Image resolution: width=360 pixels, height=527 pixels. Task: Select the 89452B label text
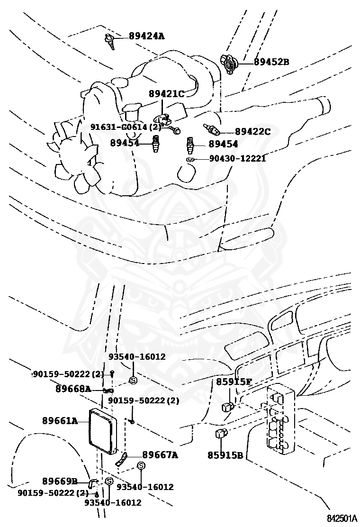coord(271,62)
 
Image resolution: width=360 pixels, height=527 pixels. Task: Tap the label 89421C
coord(166,94)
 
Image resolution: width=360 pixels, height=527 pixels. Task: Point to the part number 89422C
coord(252,132)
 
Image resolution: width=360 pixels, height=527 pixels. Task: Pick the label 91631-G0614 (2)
coord(126,127)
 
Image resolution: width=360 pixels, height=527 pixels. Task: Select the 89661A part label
coord(60,420)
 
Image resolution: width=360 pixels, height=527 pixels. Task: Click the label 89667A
coord(160,455)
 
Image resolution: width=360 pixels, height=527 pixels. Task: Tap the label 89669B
coord(60,481)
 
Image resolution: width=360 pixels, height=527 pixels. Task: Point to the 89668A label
coord(73,389)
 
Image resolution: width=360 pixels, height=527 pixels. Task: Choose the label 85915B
coord(225,455)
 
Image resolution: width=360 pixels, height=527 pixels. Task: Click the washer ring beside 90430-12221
coord(189,159)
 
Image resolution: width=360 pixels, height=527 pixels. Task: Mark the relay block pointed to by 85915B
coord(221,432)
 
